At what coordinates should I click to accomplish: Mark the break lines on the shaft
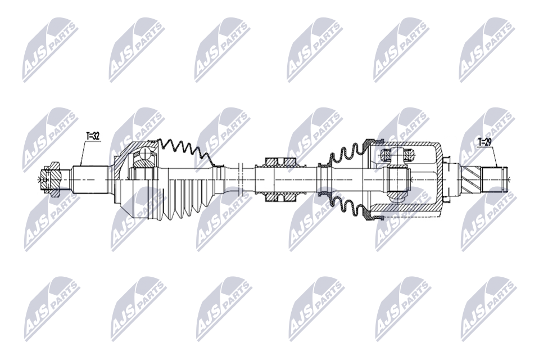[x=241, y=179]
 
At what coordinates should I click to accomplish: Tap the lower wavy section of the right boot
[x=348, y=205]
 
